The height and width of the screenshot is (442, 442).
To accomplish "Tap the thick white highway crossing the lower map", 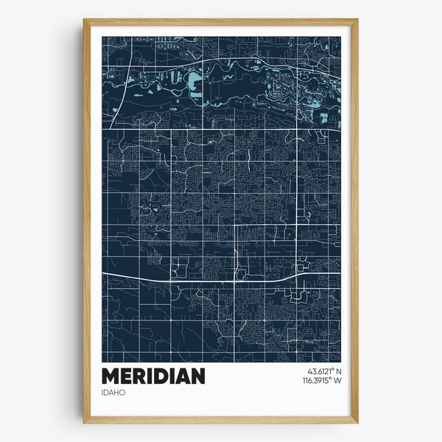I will [221, 278].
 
